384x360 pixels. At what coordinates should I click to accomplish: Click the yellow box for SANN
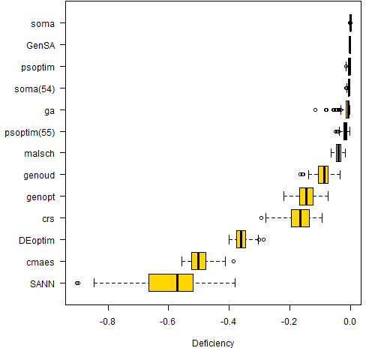pos(171,283)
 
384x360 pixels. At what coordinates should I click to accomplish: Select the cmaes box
pos(199,261)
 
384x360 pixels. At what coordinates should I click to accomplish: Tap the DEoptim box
pos(241,239)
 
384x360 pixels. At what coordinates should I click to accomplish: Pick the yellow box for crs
pos(300,218)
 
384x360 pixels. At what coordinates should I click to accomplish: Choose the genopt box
pos(306,196)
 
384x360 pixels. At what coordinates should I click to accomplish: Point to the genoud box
pos(323,175)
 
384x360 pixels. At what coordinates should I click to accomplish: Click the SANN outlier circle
pos(77,283)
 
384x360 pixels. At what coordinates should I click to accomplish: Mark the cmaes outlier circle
pos(233,261)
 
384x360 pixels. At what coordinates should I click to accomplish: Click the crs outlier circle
pos(261,217)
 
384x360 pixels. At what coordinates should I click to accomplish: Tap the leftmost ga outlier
pos(315,109)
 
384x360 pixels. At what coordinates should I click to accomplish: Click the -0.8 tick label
pos(107,322)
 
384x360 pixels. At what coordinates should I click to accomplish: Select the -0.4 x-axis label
pos(228,322)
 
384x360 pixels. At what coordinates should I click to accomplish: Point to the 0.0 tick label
pos(350,322)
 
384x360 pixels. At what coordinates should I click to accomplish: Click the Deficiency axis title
pos(213,343)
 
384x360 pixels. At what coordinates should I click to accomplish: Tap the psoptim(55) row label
pos(30,133)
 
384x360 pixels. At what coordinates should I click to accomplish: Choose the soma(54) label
pos(34,89)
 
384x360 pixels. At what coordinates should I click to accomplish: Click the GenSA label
pos(40,46)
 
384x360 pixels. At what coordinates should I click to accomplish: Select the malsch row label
pos(39,154)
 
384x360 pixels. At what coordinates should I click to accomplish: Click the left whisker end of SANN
pos(94,283)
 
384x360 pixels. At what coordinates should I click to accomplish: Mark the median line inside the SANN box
pos(177,283)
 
